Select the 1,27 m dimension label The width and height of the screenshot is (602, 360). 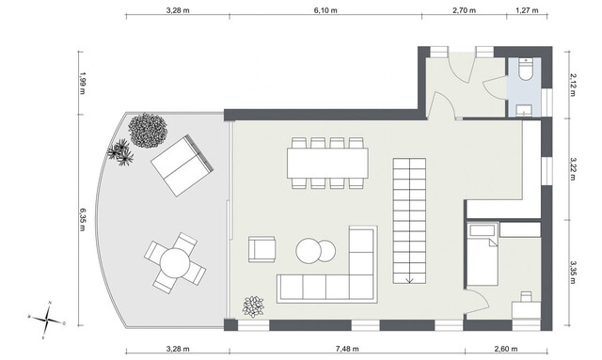(x=527, y=11)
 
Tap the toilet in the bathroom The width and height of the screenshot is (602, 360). (x=525, y=70)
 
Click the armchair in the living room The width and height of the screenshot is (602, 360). (x=261, y=249)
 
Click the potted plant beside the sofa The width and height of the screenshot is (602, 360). (x=253, y=306)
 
